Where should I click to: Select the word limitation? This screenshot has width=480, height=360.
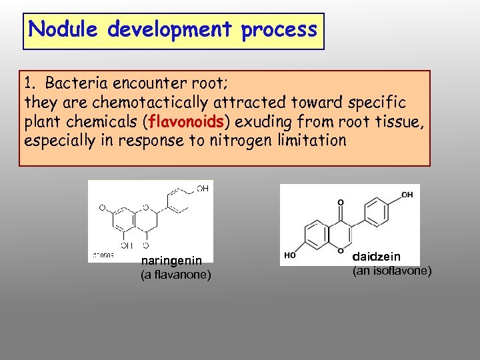(x=309, y=141)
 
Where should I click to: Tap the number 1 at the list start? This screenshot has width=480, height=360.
(x=28, y=85)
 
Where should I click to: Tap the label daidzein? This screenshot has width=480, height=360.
(x=377, y=256)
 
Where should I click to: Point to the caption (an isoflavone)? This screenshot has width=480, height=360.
(x=391, y=270)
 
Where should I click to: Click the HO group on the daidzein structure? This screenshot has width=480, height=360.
(x=289, y=254)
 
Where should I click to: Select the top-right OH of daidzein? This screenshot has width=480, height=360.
(x=407, y=194)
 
